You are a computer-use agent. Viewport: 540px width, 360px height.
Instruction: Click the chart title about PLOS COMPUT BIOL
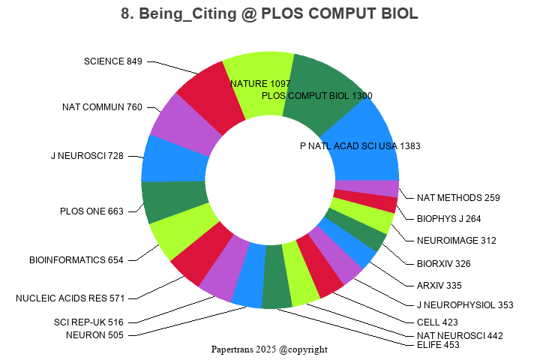click(269, 14)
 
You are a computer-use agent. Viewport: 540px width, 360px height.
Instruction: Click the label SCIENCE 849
click(112, 61)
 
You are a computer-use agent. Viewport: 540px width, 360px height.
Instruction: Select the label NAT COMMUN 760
click(102, 107)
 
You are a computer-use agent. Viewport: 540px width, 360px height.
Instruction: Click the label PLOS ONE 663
click(91, 211)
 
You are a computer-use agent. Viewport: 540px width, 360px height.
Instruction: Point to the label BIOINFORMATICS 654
click(76, 260)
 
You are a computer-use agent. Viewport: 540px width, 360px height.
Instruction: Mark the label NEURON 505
click(94, 335)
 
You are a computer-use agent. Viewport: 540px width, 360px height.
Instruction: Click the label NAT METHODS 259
click(458, 198)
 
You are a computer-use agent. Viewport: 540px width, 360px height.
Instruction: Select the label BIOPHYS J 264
click(449, 219)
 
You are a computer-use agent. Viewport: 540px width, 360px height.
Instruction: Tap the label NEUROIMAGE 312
click(457, 241)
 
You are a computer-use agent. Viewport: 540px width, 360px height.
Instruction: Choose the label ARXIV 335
click(439, 286)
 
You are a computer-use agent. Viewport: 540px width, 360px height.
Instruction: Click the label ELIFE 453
click(438, 345)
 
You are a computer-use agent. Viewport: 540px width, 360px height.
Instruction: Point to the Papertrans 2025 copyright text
click(269, 349)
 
